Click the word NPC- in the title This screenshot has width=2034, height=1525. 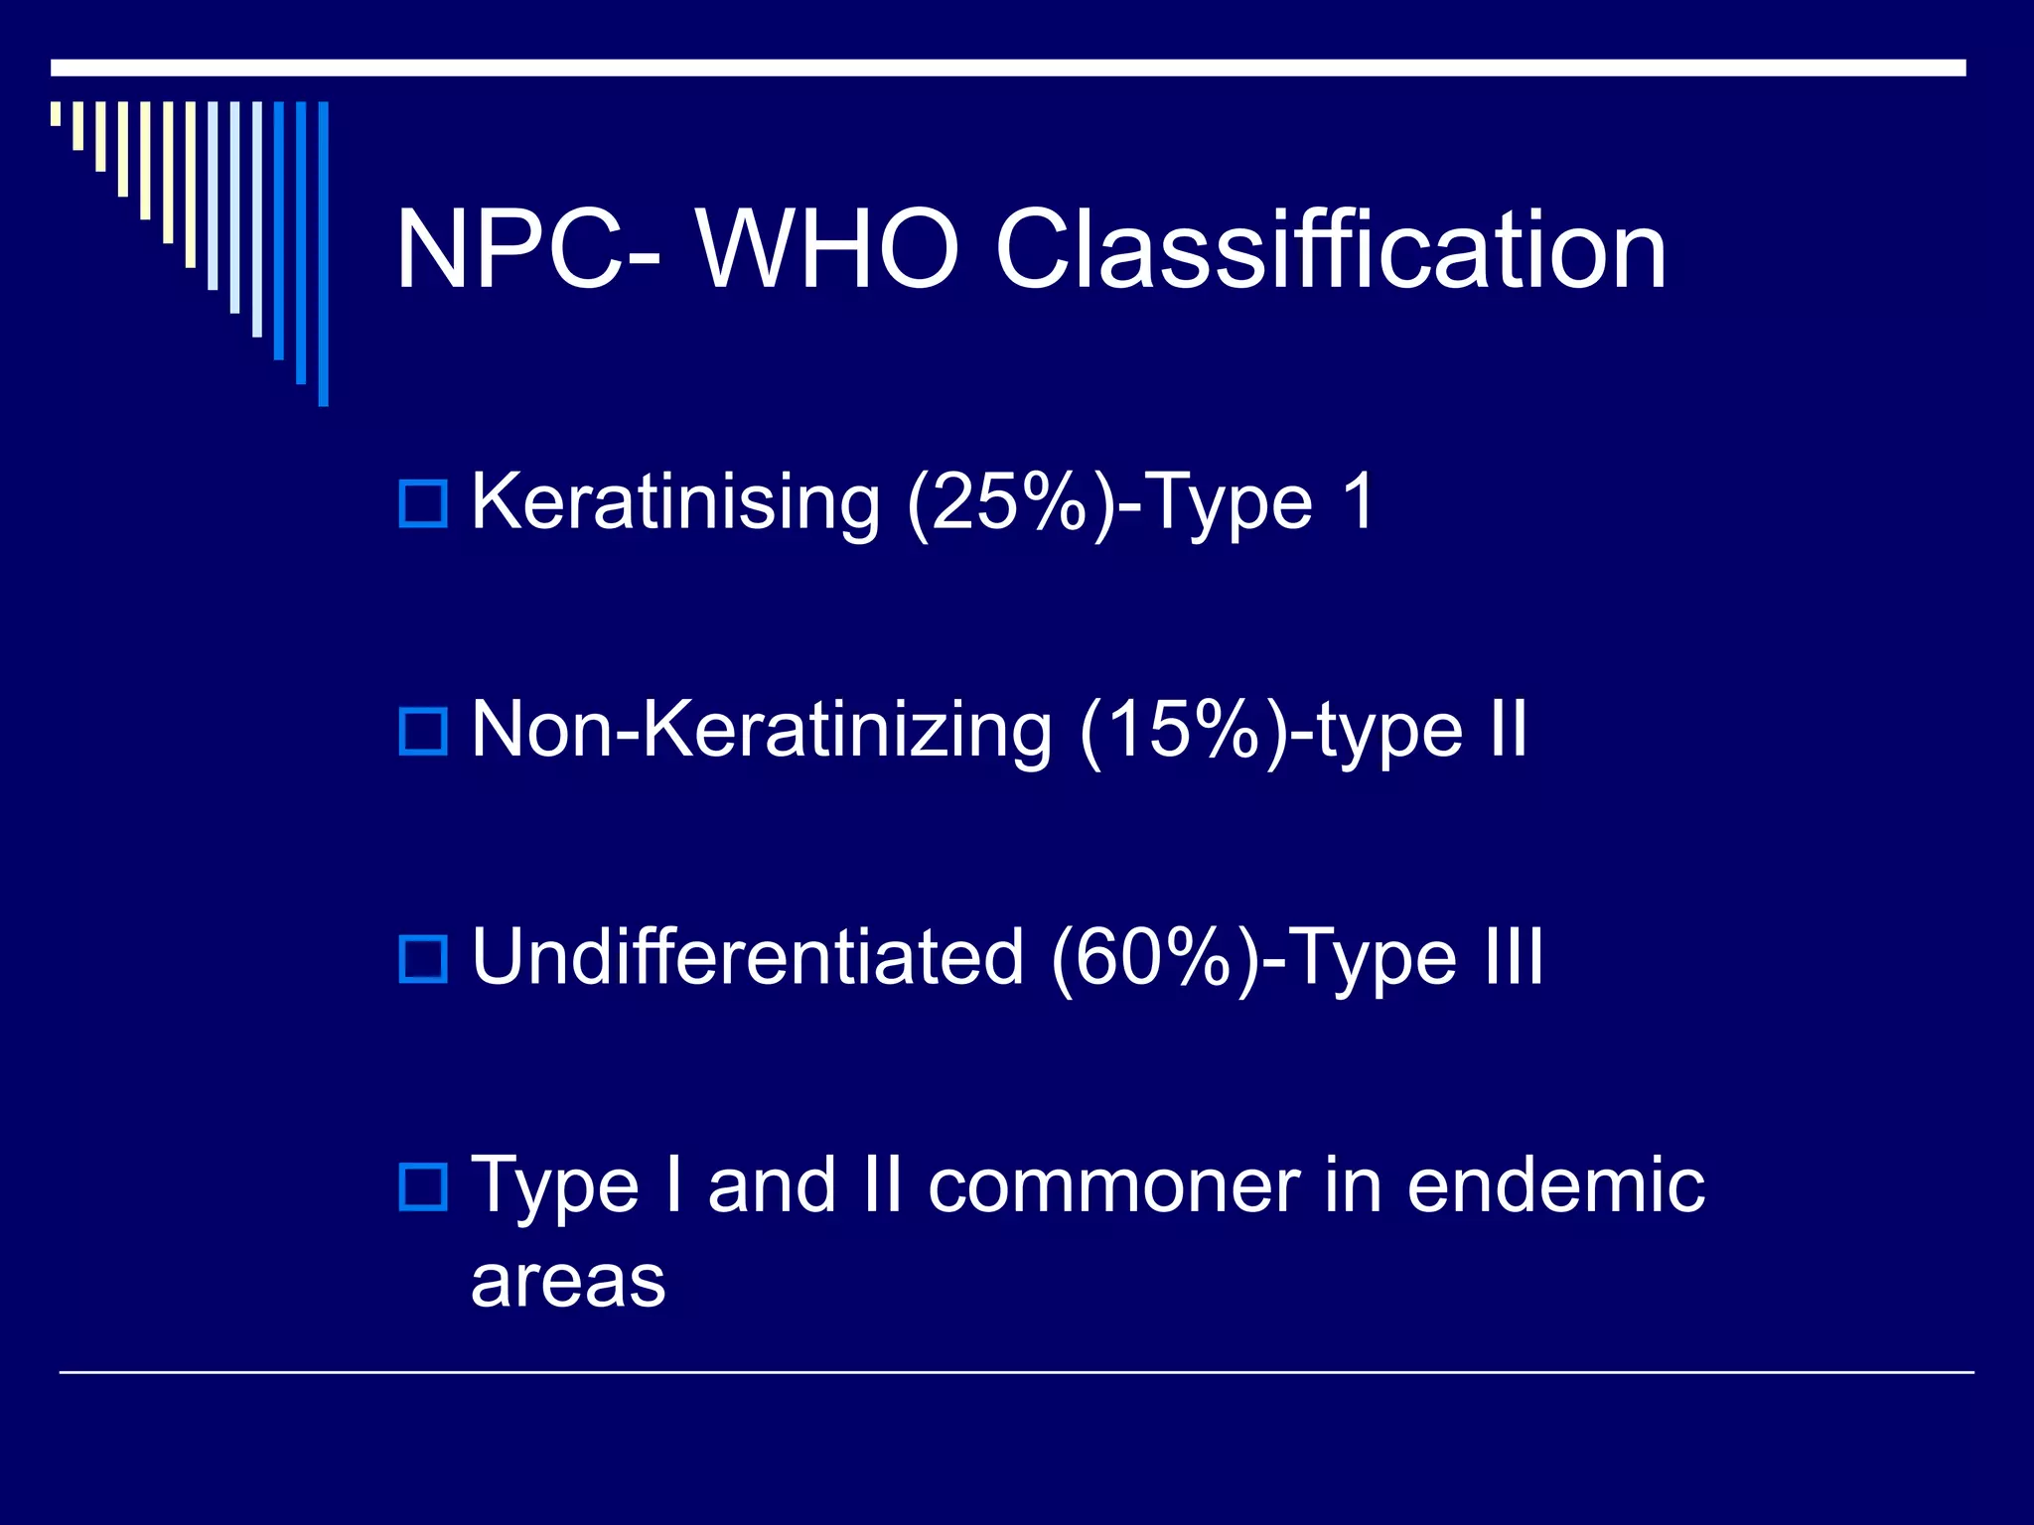pyautogui.click(x=526, y=250)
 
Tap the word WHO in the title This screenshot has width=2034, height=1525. pyautogui.click(x=827, y=250)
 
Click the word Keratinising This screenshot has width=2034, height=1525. pyautogui.click(x=675, y=502)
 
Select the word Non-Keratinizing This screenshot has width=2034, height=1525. pyautogui.click(x=761, y=730)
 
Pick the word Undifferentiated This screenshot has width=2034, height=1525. pyautogui.click(x=747, y=957)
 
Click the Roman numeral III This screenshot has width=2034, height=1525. pyautogui.click(x=1514, y=955)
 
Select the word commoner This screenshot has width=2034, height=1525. pyautogui.click(x=1113, y=1185)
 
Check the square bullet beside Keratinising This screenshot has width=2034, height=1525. pyautogui.click(x=423, y=503)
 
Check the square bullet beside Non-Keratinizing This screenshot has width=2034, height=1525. pyautogui.click(x=423, y=732)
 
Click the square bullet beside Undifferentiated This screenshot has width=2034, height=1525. pyautogui.click(x=423, y=959)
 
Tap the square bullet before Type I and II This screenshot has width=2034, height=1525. pyautogui.click(x=423, y=1186)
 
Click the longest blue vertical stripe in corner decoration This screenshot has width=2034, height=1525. pyautogui.click(x=323, y=253)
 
